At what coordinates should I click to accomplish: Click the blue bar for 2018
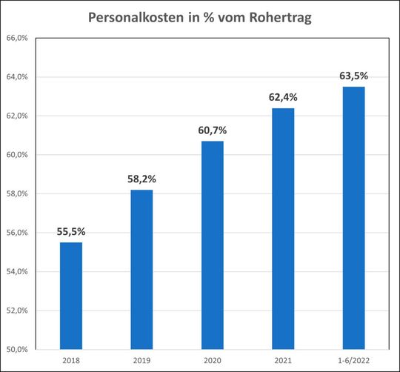[x=71, y=295]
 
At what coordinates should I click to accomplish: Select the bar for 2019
[x=141, y=269]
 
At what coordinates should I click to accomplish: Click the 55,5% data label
[x=71, y=230]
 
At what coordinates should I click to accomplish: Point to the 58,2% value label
[x=141, y=179]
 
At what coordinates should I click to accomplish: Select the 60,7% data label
[x=213, y=130]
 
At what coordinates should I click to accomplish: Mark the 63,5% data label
[x=353, y=76]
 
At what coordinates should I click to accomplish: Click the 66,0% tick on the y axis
[x=17, y=39]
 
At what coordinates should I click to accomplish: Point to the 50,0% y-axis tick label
[x=17, y=349]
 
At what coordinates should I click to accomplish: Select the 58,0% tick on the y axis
[x=17, y=194]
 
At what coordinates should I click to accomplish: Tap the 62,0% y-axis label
[x=17, y=116]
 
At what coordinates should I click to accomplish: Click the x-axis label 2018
[x=71, y=360]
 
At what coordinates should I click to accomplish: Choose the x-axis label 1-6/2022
[x=353, y=360]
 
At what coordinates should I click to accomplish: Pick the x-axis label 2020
[x=213, y=360]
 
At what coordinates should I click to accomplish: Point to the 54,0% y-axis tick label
[x=17, y=271]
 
